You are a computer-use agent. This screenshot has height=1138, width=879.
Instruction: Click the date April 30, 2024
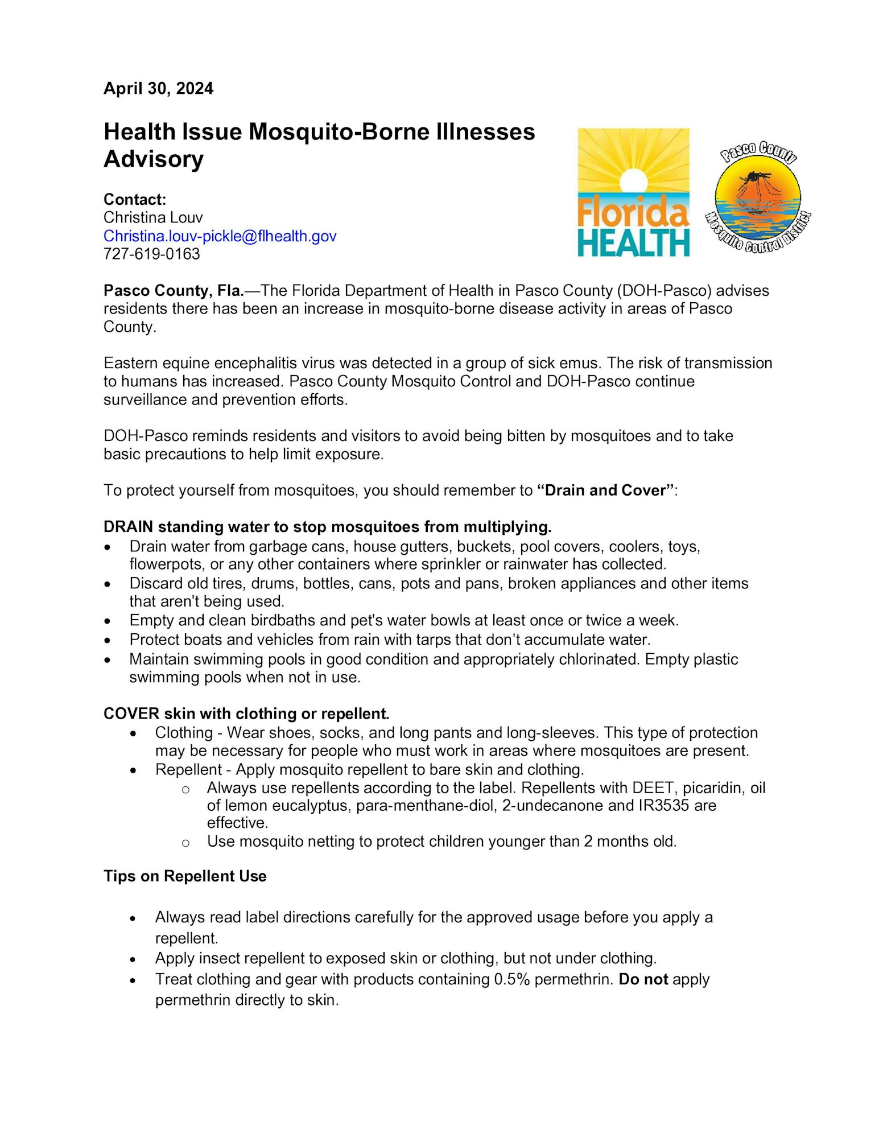pos(158,89)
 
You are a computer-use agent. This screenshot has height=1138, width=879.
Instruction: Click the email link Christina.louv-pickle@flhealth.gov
pos(220,236)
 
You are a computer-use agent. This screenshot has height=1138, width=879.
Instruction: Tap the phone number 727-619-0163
pos(151,254)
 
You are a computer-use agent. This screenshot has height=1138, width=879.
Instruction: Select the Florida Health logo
pos(633,192)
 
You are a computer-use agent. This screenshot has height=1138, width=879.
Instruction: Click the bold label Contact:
pos(135,200)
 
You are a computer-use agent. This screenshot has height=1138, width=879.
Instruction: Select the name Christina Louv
pos(153,218)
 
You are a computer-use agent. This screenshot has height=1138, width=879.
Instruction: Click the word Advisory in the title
pos(154,159)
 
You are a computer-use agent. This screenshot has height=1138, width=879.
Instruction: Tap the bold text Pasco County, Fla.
pos(174,291)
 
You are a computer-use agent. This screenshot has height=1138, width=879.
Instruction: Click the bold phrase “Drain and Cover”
pos(605,490)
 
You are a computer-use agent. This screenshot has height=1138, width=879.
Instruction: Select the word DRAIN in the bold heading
pos(128,527)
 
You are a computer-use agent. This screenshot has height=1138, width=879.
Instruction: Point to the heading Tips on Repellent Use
pos(185,876)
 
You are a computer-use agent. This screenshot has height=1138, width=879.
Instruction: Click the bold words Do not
pos(643,980)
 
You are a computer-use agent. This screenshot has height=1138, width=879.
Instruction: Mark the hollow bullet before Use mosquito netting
pos(185,843)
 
